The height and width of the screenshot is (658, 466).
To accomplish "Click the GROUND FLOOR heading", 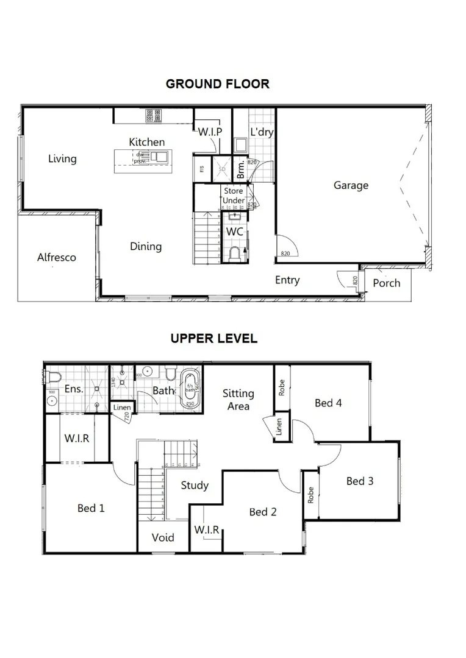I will click(217, 84).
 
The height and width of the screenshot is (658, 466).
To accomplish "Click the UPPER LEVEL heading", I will click(214, 339).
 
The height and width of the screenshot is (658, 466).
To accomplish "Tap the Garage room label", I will click(351, 185).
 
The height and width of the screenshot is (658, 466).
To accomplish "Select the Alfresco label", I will click(57, 257).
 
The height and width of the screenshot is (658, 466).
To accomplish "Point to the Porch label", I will click(387, 283).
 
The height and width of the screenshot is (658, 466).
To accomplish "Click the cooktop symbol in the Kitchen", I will click(152, 115).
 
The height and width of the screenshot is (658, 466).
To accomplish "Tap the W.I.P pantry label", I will click(209, 132).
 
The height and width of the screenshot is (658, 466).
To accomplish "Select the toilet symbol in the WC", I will click(235, 254).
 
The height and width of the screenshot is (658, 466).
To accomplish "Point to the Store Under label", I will click(234, 196).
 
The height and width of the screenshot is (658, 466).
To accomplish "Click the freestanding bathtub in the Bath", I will click(188, 387).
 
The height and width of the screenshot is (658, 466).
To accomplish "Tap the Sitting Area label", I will click(238, 400).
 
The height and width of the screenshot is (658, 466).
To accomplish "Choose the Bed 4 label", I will click(328, 403).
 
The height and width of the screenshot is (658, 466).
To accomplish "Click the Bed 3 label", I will click(360, 481).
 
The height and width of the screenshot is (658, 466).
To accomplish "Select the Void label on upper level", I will click(163, 537).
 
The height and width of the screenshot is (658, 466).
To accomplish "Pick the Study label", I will click(195, 485).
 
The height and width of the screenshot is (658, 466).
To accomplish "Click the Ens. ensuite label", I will click(73, 388).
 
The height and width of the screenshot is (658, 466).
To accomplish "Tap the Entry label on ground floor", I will click(287, 280).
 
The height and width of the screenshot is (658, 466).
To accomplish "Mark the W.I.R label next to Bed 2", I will click(207, 529).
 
